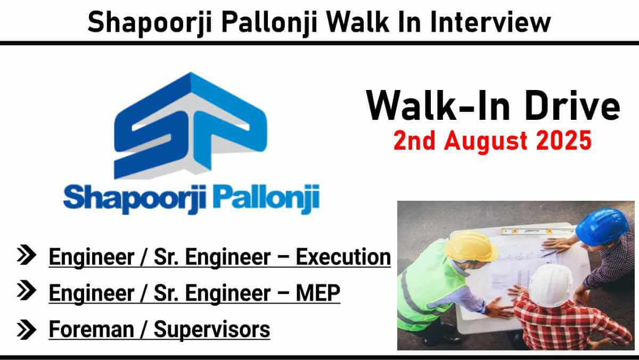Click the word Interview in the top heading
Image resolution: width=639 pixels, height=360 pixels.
[490, 22]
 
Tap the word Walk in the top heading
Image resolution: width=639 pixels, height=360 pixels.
[358, 22]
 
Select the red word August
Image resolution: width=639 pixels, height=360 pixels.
[485, 142]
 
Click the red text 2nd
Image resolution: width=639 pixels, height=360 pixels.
[414, 141]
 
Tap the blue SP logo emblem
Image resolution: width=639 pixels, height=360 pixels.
[191, 126]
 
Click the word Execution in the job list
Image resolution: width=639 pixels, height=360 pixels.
[343, 257]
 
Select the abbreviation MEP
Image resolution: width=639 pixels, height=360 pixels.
[318, 293]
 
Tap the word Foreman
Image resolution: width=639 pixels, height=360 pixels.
[91, 329]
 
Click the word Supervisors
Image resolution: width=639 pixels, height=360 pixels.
[212, 330]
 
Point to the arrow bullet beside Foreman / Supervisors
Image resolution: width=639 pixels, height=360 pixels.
[27, 329]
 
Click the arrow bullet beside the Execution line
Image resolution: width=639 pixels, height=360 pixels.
[27, 255]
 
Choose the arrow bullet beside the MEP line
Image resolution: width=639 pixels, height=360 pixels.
[27, 290]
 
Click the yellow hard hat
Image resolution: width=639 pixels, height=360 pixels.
[471, 247]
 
